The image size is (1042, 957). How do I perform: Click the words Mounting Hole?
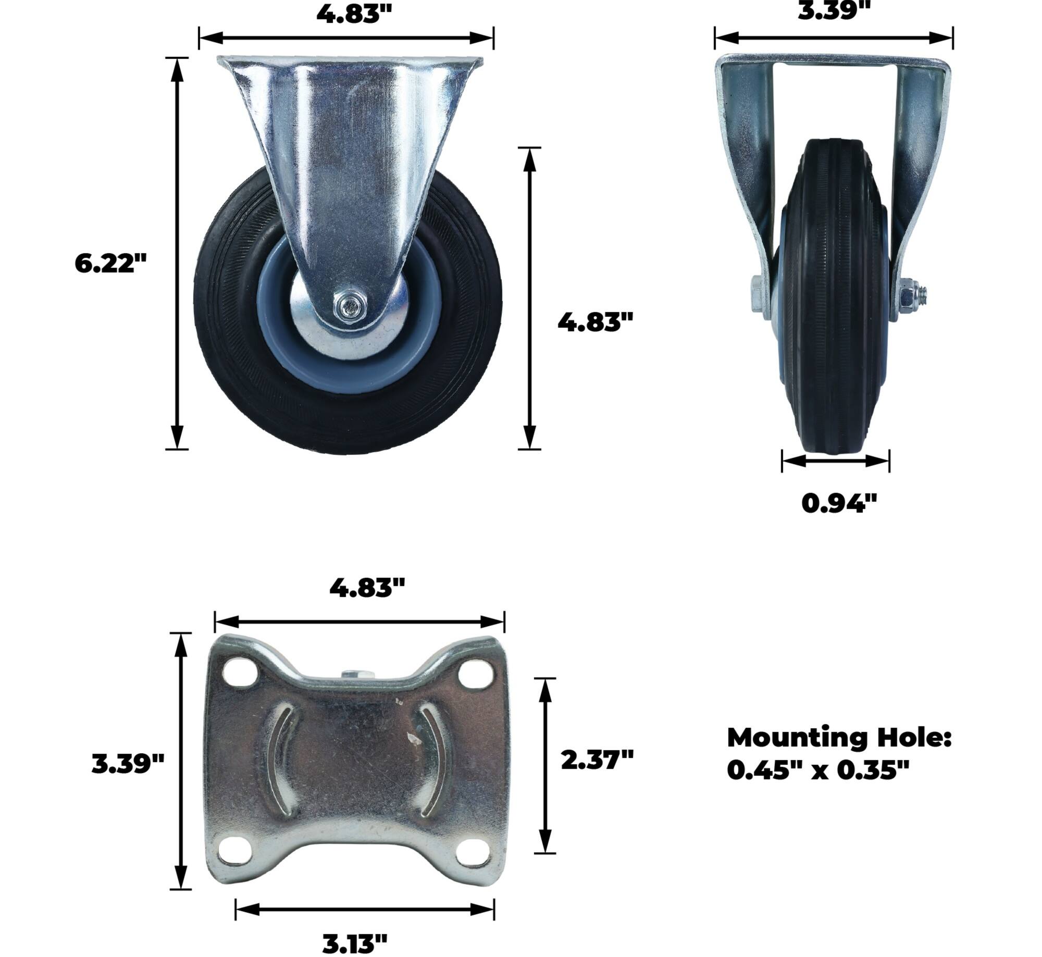(839, 738)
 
